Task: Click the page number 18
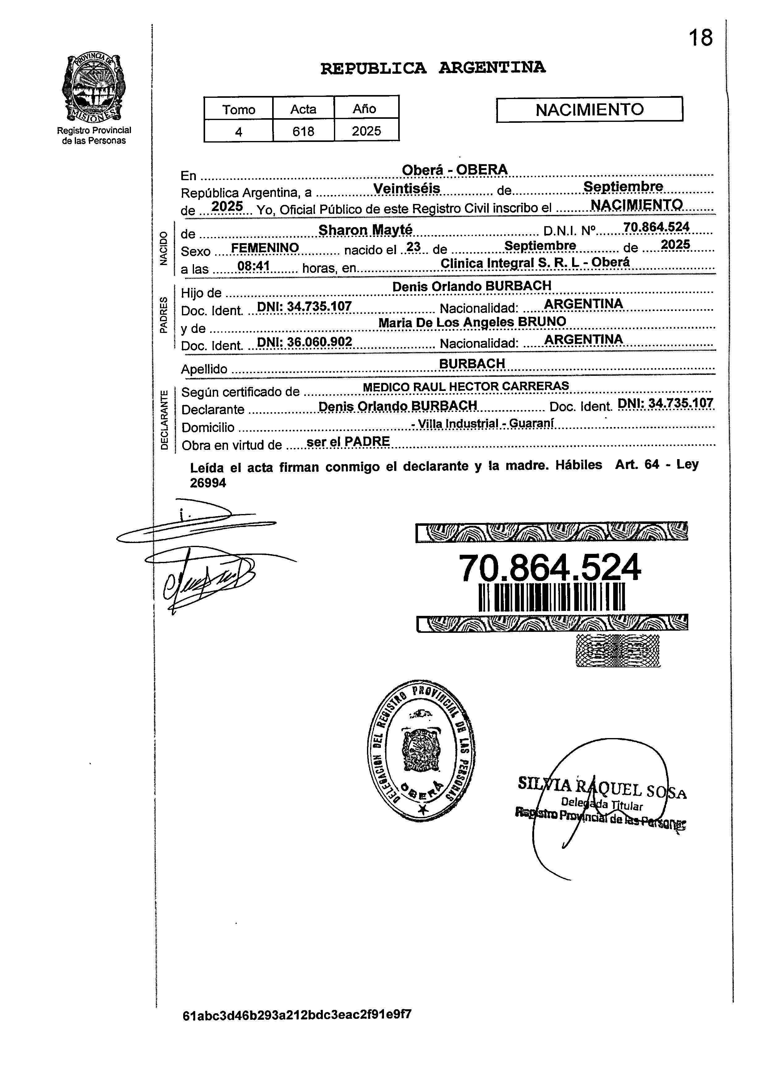tap(701, 38)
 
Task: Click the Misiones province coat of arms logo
tap(94, 88)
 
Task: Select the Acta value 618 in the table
tap(303, 131)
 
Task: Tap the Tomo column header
tap(238, 110)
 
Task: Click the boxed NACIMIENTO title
tap(589, 110)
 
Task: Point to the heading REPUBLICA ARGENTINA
tap(433, 68)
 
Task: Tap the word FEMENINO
tap(265, 248)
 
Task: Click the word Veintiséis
tap(407, 188)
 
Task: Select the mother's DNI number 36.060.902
tap(305, 342)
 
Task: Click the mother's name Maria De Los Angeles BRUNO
tap(472, 322)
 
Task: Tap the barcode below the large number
tap(551, 598)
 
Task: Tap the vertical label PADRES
tap(163, 315)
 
